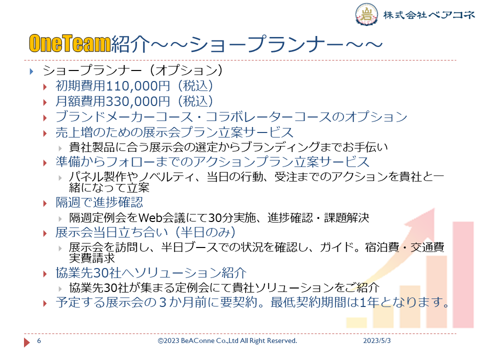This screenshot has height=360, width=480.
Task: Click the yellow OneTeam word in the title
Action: pos(69,43)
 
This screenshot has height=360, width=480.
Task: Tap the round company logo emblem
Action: pos(366,14)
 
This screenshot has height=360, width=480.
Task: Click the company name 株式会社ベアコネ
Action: pos(428,14)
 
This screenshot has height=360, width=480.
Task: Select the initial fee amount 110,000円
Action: pos(138,86)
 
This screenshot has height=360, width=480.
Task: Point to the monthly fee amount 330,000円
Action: pos(138,101)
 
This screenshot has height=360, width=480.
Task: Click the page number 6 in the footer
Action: pos(39,340)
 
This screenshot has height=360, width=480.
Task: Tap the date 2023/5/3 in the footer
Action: pos(377,340)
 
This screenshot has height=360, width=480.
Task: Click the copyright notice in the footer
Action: pos(227,340)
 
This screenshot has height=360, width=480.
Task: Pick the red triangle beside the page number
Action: pos(27,342)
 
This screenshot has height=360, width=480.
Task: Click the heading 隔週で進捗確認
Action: pos(99,202)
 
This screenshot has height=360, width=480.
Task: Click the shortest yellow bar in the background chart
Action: pos(356,322)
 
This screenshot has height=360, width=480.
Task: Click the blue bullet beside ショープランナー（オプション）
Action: pos(31,71)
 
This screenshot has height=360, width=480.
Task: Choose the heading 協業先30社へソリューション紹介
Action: pos(151,273)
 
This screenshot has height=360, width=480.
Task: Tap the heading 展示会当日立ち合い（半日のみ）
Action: pos(145,232)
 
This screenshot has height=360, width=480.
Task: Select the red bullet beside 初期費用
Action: pos(45,87)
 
